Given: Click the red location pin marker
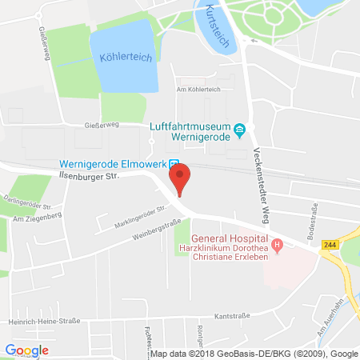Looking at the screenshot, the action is pos(179,178).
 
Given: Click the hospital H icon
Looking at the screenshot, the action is pos(277,244).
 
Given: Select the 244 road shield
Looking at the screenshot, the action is pos(328,244).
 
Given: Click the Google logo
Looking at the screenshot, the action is pos(27,350).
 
